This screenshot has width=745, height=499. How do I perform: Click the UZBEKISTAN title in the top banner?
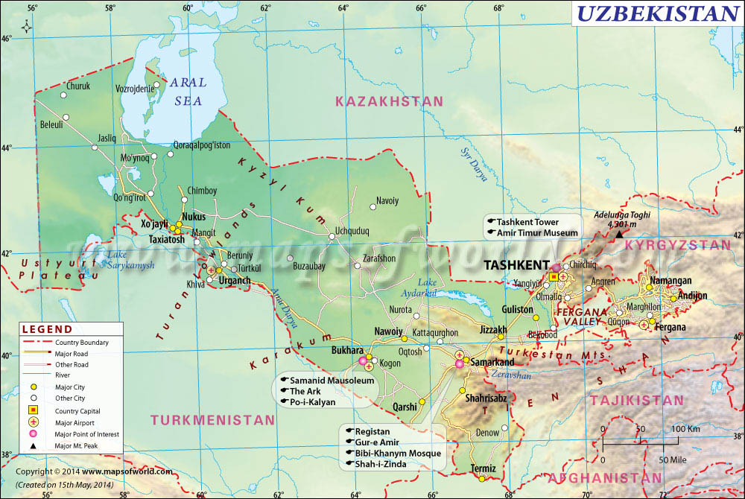(x=657, y=13)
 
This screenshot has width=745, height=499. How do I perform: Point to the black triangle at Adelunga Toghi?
(x=618, y=235)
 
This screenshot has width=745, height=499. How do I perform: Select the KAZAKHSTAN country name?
(x=389, y=101)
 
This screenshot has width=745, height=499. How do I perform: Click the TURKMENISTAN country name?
(x=213, y=420)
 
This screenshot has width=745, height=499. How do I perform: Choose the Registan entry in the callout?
(x=372, y=431)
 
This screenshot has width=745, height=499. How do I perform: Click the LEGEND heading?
(x=47, y=329)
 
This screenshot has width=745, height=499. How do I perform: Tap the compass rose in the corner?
(x=27, y=27)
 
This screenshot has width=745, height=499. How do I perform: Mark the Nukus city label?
(x=193, y=216)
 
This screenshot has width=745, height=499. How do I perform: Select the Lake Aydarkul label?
(x=428, y=287)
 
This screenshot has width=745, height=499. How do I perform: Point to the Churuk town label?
(x=78, y=86)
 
